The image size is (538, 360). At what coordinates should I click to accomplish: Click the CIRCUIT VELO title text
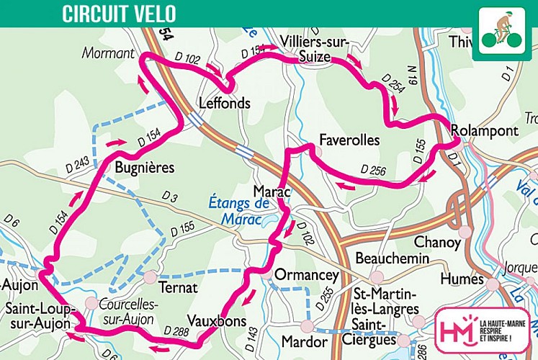(x=118, y=14)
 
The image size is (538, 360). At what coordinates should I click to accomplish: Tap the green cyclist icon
(x=501, y=33)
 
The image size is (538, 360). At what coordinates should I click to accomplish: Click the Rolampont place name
(x=484, y=130)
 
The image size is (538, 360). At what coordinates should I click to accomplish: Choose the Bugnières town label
(x=144, y=167)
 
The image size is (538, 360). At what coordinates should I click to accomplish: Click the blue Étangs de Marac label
(x=238, y=210)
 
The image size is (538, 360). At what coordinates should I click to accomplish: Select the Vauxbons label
(x=216, y=320)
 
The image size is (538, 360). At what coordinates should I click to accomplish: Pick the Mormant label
(x=108, y=53)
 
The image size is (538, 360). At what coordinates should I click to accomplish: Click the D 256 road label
(x=374, y=170)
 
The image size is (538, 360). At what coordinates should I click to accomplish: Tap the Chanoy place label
(x=437, y=243)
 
